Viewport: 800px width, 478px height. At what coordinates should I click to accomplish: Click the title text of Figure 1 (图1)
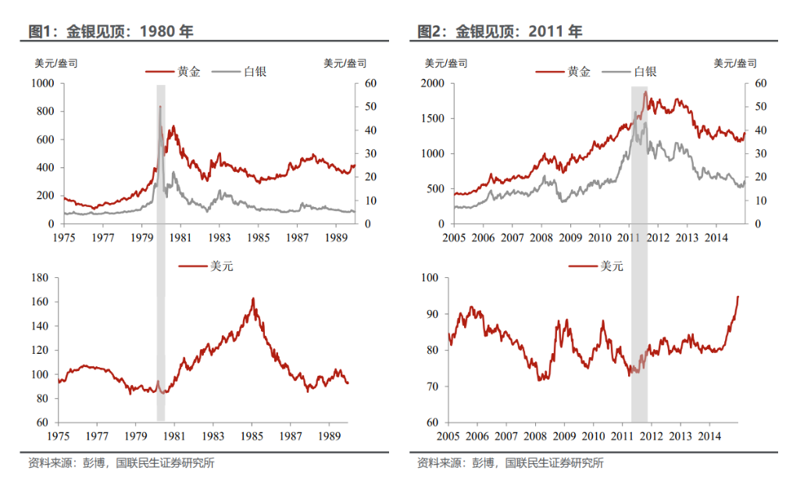pyautogui.click(x=110, y=32)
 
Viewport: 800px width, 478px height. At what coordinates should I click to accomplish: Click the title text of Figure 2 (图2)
pyautogui.click(x=500, y=32)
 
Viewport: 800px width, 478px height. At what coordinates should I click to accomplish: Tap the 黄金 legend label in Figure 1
pyautogui.click(x=188, y=71)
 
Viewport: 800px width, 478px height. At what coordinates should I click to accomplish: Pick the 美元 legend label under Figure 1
pyautogui.click(x=221, y=266)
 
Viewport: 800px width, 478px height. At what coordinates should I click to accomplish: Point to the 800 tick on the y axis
pyautogui.click(x=44, y=111)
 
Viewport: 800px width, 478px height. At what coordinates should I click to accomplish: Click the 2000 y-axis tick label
pyautogui.click(x=432, y=83)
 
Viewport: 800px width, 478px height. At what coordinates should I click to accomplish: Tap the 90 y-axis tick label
pyautogui.click(x=431, y=314)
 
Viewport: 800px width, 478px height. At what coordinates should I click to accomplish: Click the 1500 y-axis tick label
pyautogui.click(x=432, y=119)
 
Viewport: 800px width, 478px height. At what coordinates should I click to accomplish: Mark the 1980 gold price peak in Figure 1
pyautogui.click(x=160, y=106)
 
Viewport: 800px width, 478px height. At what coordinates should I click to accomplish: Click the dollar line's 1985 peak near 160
pyautogui.click(x=253, y=298)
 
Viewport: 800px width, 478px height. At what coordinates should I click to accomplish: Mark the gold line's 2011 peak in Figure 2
pyautogui.click(x=645, y=92)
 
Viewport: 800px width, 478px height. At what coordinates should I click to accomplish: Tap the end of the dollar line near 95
pyautogui.click(x=737, y=297)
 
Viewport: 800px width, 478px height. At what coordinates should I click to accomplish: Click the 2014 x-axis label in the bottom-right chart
pyautogui.click(x=709, y=436)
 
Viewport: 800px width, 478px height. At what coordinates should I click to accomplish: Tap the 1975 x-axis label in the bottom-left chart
pyautogui.click(x=59, y=436)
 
